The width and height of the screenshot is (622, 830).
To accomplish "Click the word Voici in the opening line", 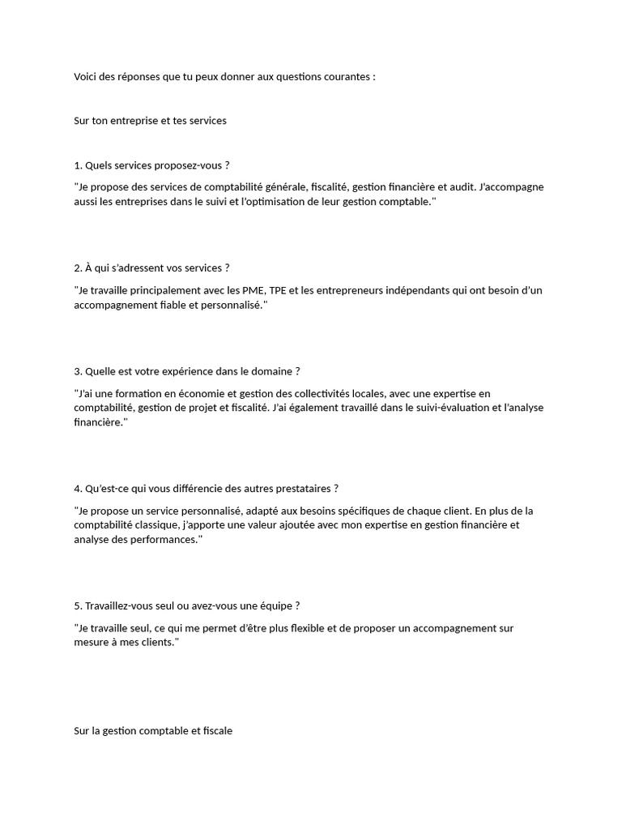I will pyautogui.click(x=86, y=77).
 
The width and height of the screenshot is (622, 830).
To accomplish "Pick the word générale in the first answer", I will pyautogui.click(x=281, y=187).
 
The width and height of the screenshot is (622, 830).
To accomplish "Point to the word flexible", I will pyautogui.click(x=294, y=628).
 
